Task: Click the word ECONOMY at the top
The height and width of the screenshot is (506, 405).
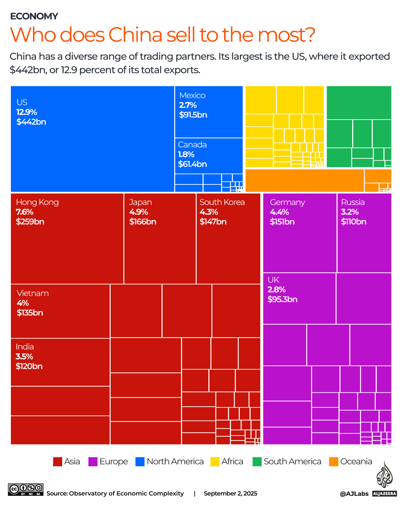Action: [34, 16]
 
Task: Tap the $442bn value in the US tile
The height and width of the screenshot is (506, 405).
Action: [31, 122]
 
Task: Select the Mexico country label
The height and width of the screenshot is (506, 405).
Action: [192, 95]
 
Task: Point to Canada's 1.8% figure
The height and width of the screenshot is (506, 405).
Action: [186, 154]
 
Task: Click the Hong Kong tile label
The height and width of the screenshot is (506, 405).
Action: [37, 202]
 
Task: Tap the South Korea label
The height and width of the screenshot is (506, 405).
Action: [222, 202]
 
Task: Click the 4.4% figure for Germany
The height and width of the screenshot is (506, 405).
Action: [279, 212]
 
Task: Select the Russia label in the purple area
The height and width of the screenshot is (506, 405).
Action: [353, 202]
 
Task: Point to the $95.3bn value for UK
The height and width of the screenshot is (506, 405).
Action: [282, 299]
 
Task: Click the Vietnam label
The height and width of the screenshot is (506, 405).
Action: [33, 293]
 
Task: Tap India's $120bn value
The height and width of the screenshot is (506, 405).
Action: [29, 366]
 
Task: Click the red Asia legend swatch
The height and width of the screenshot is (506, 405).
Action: [57, 461]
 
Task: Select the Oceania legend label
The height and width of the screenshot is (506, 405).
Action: [356, 461]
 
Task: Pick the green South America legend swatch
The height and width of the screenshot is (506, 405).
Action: [257, 461]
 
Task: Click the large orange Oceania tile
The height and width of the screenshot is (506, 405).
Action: [304, 180]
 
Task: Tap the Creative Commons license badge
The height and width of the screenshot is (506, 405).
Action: [25, 490]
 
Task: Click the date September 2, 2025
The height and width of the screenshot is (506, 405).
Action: [230, 493]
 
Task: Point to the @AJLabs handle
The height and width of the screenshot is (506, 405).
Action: [354, 494]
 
